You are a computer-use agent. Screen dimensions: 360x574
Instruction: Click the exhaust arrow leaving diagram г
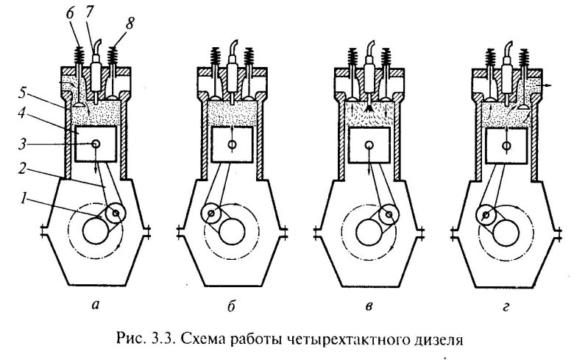click(x=548, y=86)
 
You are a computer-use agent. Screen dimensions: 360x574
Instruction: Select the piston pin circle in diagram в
click(x=369, y=145)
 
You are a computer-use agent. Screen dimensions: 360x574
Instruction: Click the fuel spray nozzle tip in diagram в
click(x=369, y=99)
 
